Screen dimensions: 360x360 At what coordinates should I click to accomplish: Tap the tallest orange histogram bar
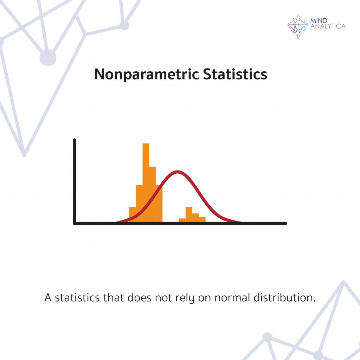coord(146,176)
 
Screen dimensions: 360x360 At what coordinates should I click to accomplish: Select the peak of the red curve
coord(178,172)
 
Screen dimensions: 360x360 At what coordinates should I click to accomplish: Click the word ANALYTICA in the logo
coord(328,26)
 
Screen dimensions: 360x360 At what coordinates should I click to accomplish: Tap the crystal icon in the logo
coord(297,26)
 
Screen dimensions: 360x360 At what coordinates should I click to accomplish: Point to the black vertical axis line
coord(75,183)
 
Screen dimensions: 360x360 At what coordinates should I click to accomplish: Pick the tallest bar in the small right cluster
coord(189,214)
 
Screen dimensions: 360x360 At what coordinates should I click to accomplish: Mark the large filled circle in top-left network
coord(48,58)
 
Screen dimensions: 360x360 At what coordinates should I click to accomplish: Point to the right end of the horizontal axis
coord(285,223)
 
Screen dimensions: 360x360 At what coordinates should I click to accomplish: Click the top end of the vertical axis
coord(75,141)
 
